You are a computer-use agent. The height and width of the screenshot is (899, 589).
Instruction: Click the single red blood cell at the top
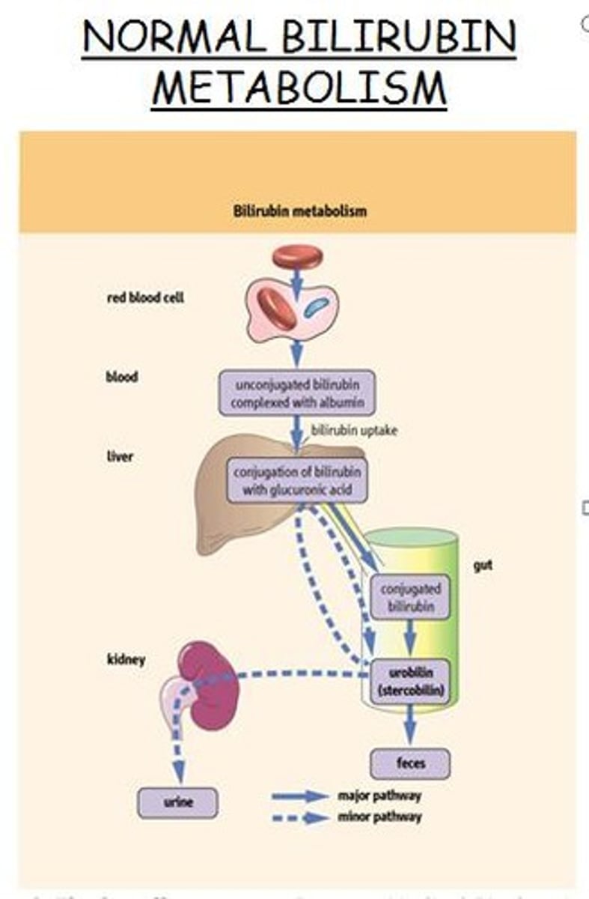(x=297, y=257)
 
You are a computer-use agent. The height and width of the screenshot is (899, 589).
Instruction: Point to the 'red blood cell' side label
(x=144, y=297)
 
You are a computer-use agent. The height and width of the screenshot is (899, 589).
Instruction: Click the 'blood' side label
(x=121, y=377)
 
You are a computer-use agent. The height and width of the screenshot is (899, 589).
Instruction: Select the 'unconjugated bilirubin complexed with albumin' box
(x=297, y=393)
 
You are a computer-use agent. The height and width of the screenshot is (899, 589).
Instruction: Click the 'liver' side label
(x=119, y=455)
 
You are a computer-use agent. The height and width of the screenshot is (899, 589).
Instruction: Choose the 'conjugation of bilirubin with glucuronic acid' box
(x=297, y=481)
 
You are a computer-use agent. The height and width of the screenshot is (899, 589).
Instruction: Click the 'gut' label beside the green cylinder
(x=483, y=566)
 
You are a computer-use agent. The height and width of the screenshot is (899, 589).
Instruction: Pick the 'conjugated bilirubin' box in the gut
(x=409, y=597)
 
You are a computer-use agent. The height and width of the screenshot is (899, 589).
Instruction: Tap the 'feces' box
(x=410, y=763)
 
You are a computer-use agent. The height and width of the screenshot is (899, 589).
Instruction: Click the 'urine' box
(x=177, y=802)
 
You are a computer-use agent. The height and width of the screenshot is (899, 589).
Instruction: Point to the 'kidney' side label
(x=125, y=660)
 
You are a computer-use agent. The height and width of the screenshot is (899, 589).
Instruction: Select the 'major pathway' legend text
(x=379, y=796)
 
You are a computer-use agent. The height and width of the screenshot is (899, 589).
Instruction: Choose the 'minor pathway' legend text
(x=379, y=817)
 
